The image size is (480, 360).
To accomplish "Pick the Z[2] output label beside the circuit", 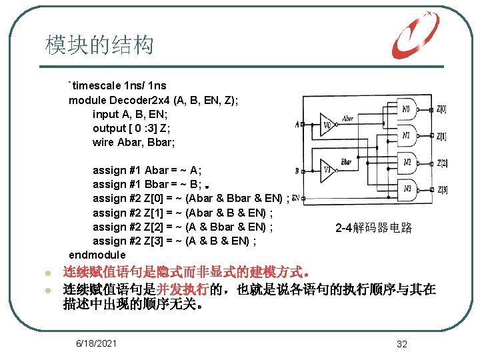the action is tap(441, 163).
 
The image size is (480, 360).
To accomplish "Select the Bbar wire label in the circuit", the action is tap(346, 162).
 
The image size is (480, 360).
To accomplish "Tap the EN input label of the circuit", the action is tap(296, 198).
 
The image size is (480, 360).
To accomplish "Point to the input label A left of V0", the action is tap(297, 124).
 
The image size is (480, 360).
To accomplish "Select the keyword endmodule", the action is tap(97, 255).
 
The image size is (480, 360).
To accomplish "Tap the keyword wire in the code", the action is tap(103, 142).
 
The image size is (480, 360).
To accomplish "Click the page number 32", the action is tap(401, 344).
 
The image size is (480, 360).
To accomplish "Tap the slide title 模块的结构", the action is tap(99, 45).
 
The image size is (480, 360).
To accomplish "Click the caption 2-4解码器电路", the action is tap(373, 228).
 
